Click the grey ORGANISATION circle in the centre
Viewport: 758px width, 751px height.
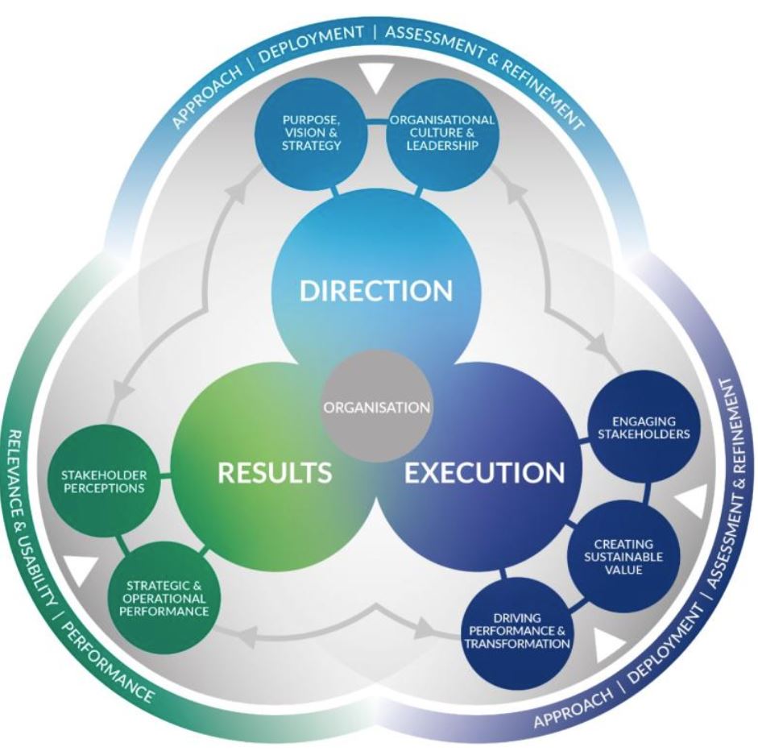tap(376, 406)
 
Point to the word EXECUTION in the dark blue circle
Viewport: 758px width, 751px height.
tap(484, 472)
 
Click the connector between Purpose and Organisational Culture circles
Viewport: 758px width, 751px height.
tap(377, 123)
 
